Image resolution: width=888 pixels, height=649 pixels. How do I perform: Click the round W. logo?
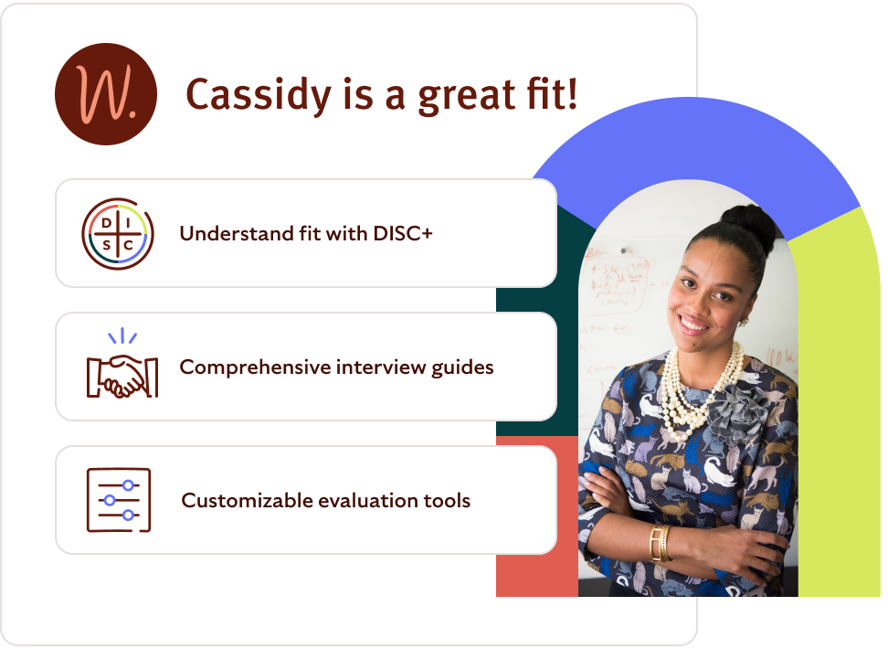pyautogui.click(x=106, y=94)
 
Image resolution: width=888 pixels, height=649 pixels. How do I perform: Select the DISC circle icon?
pyautogui.click(x=118, y=234)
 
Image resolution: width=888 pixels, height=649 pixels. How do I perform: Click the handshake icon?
pyautogui.click(x=122, y=370)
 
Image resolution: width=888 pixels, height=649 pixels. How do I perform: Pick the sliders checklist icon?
pyautogui.click(x=119, y=500)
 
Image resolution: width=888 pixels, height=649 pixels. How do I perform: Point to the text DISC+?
pyautogui.click(x=403, y=234)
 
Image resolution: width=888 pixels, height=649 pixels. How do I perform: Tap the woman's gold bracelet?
pyautogui.click(x=658, y=543)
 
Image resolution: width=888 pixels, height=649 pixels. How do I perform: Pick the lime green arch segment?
pyautogui.click(x=840, y=411)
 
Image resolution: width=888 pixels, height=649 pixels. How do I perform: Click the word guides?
pyautogui.click(x=464, y=367)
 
